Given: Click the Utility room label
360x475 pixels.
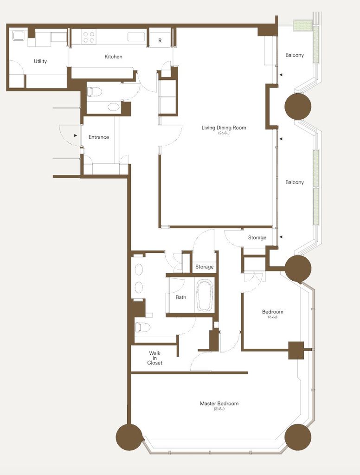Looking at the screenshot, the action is tap(40, 61).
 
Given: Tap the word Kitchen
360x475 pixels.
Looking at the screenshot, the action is tap(113, 57).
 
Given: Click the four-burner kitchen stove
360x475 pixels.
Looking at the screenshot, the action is tap(89, 37).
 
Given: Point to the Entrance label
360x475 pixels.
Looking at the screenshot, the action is tap(98, 137).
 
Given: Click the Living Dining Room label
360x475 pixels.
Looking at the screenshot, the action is tap(224, 128).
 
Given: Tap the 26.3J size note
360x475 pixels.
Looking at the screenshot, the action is tap(224, 133).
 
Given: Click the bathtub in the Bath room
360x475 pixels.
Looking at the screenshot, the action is tap(205, 295).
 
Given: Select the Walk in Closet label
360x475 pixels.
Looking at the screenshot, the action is tap(154, 358).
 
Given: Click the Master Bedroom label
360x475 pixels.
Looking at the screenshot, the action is tap(219, 404).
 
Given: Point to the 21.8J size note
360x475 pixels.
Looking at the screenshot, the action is tap(219, 409).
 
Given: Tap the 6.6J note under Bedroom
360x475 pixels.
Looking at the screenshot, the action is tap(273, 317).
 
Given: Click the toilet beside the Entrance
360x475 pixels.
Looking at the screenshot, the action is tap(94, 91).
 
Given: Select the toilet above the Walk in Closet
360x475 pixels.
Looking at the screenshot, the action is tap(142, 327).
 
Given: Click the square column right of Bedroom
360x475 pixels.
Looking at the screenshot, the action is tap(296, 350).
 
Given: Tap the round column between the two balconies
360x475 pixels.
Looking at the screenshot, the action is tap(298, 106).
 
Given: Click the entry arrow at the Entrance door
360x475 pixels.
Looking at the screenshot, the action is tap(76, 135).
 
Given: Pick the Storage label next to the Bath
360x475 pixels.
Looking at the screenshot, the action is tap(204, 267).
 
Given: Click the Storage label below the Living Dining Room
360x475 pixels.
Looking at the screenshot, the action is tap(257, 238).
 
